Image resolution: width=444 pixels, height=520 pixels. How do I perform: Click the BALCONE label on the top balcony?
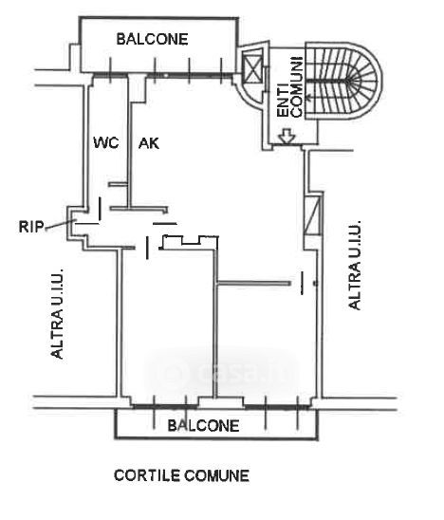(152, 39)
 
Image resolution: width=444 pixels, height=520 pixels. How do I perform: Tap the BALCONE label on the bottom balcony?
(203, 426)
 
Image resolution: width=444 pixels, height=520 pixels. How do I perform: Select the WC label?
(106, 143)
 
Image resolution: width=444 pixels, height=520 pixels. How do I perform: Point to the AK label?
(149, 143)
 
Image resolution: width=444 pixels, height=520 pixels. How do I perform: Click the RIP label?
(31, 227)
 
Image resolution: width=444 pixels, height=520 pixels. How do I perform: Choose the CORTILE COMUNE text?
(181, 475)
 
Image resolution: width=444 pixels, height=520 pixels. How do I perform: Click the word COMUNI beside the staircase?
(297, 87)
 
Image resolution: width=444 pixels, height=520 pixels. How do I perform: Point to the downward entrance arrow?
(287, 136)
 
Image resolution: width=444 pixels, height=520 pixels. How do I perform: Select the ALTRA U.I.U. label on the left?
(57, 314)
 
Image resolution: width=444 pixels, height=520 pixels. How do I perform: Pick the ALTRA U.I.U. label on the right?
(355, 266)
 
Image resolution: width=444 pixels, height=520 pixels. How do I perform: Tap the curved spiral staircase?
(342, 81)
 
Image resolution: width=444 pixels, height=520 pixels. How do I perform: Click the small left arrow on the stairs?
(310, 98)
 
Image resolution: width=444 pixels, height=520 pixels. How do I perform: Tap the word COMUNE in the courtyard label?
(216, 475)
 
